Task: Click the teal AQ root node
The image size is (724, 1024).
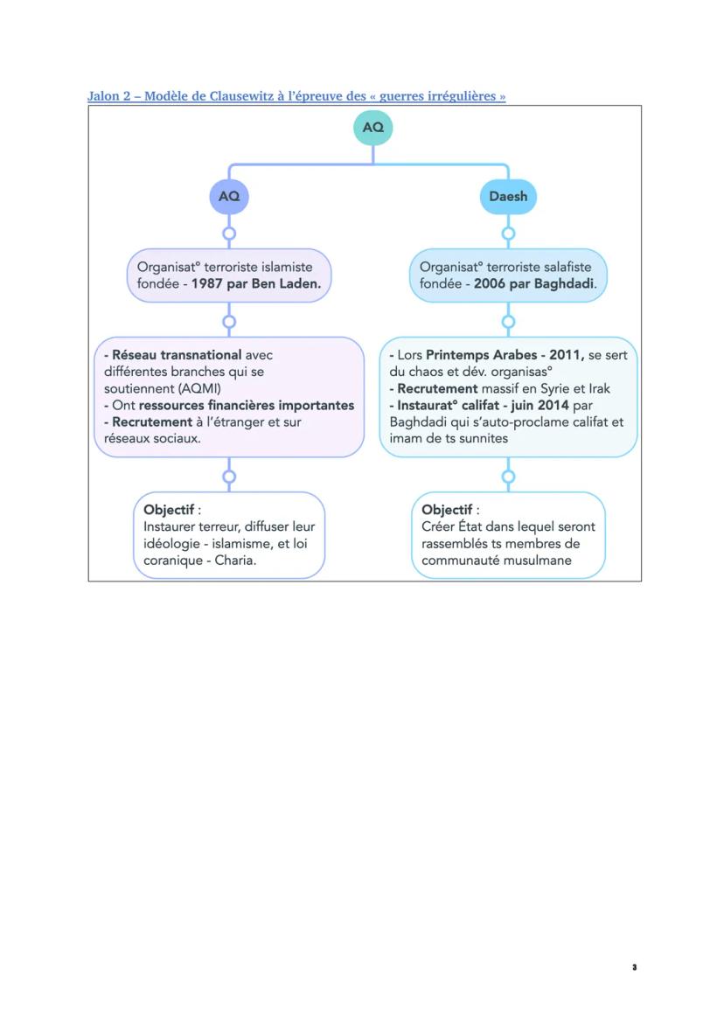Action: pos(373,128)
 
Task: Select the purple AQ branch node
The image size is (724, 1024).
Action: pos(229,197)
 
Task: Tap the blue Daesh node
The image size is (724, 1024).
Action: pos(508,197)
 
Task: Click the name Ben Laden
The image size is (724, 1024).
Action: pos(285,284)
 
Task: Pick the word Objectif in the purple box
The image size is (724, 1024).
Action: pos(169,510)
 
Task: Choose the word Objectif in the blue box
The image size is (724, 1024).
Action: pos(447,510)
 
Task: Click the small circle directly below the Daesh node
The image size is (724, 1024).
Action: pos(508,233)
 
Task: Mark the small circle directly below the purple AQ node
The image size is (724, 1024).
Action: pos(229,233)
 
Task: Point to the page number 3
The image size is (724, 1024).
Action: pos(634,968)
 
